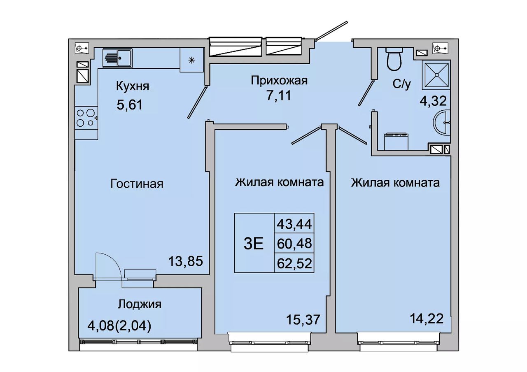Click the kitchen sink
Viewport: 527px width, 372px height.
click(x=117, y=58)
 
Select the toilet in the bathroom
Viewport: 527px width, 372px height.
click(x=394, y=59)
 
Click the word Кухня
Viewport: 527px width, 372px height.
click(x=133, y=86)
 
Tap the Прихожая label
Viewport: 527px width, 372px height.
click(x=279, y=81)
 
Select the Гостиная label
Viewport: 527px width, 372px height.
click(x=137, y=184)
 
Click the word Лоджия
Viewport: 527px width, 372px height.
click(x=140, y=305)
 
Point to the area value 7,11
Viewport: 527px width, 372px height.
click(x=279, y=95)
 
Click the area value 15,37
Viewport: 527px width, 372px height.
click(x=303, y=319)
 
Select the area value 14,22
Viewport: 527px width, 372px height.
click(x=427, y=319)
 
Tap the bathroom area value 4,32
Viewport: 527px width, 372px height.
click(x=433, y=101)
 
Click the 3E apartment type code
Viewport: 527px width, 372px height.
click(x=253, y=244)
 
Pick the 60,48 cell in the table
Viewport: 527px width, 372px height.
click(x=294, y=243)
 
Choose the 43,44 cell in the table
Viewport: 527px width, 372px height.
click(x=294, y=223)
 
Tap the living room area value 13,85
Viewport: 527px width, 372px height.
click(x=186, y=261)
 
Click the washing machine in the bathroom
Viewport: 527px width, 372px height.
click(x=396, y=142)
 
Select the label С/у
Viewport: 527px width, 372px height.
click(x=401, y=84)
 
